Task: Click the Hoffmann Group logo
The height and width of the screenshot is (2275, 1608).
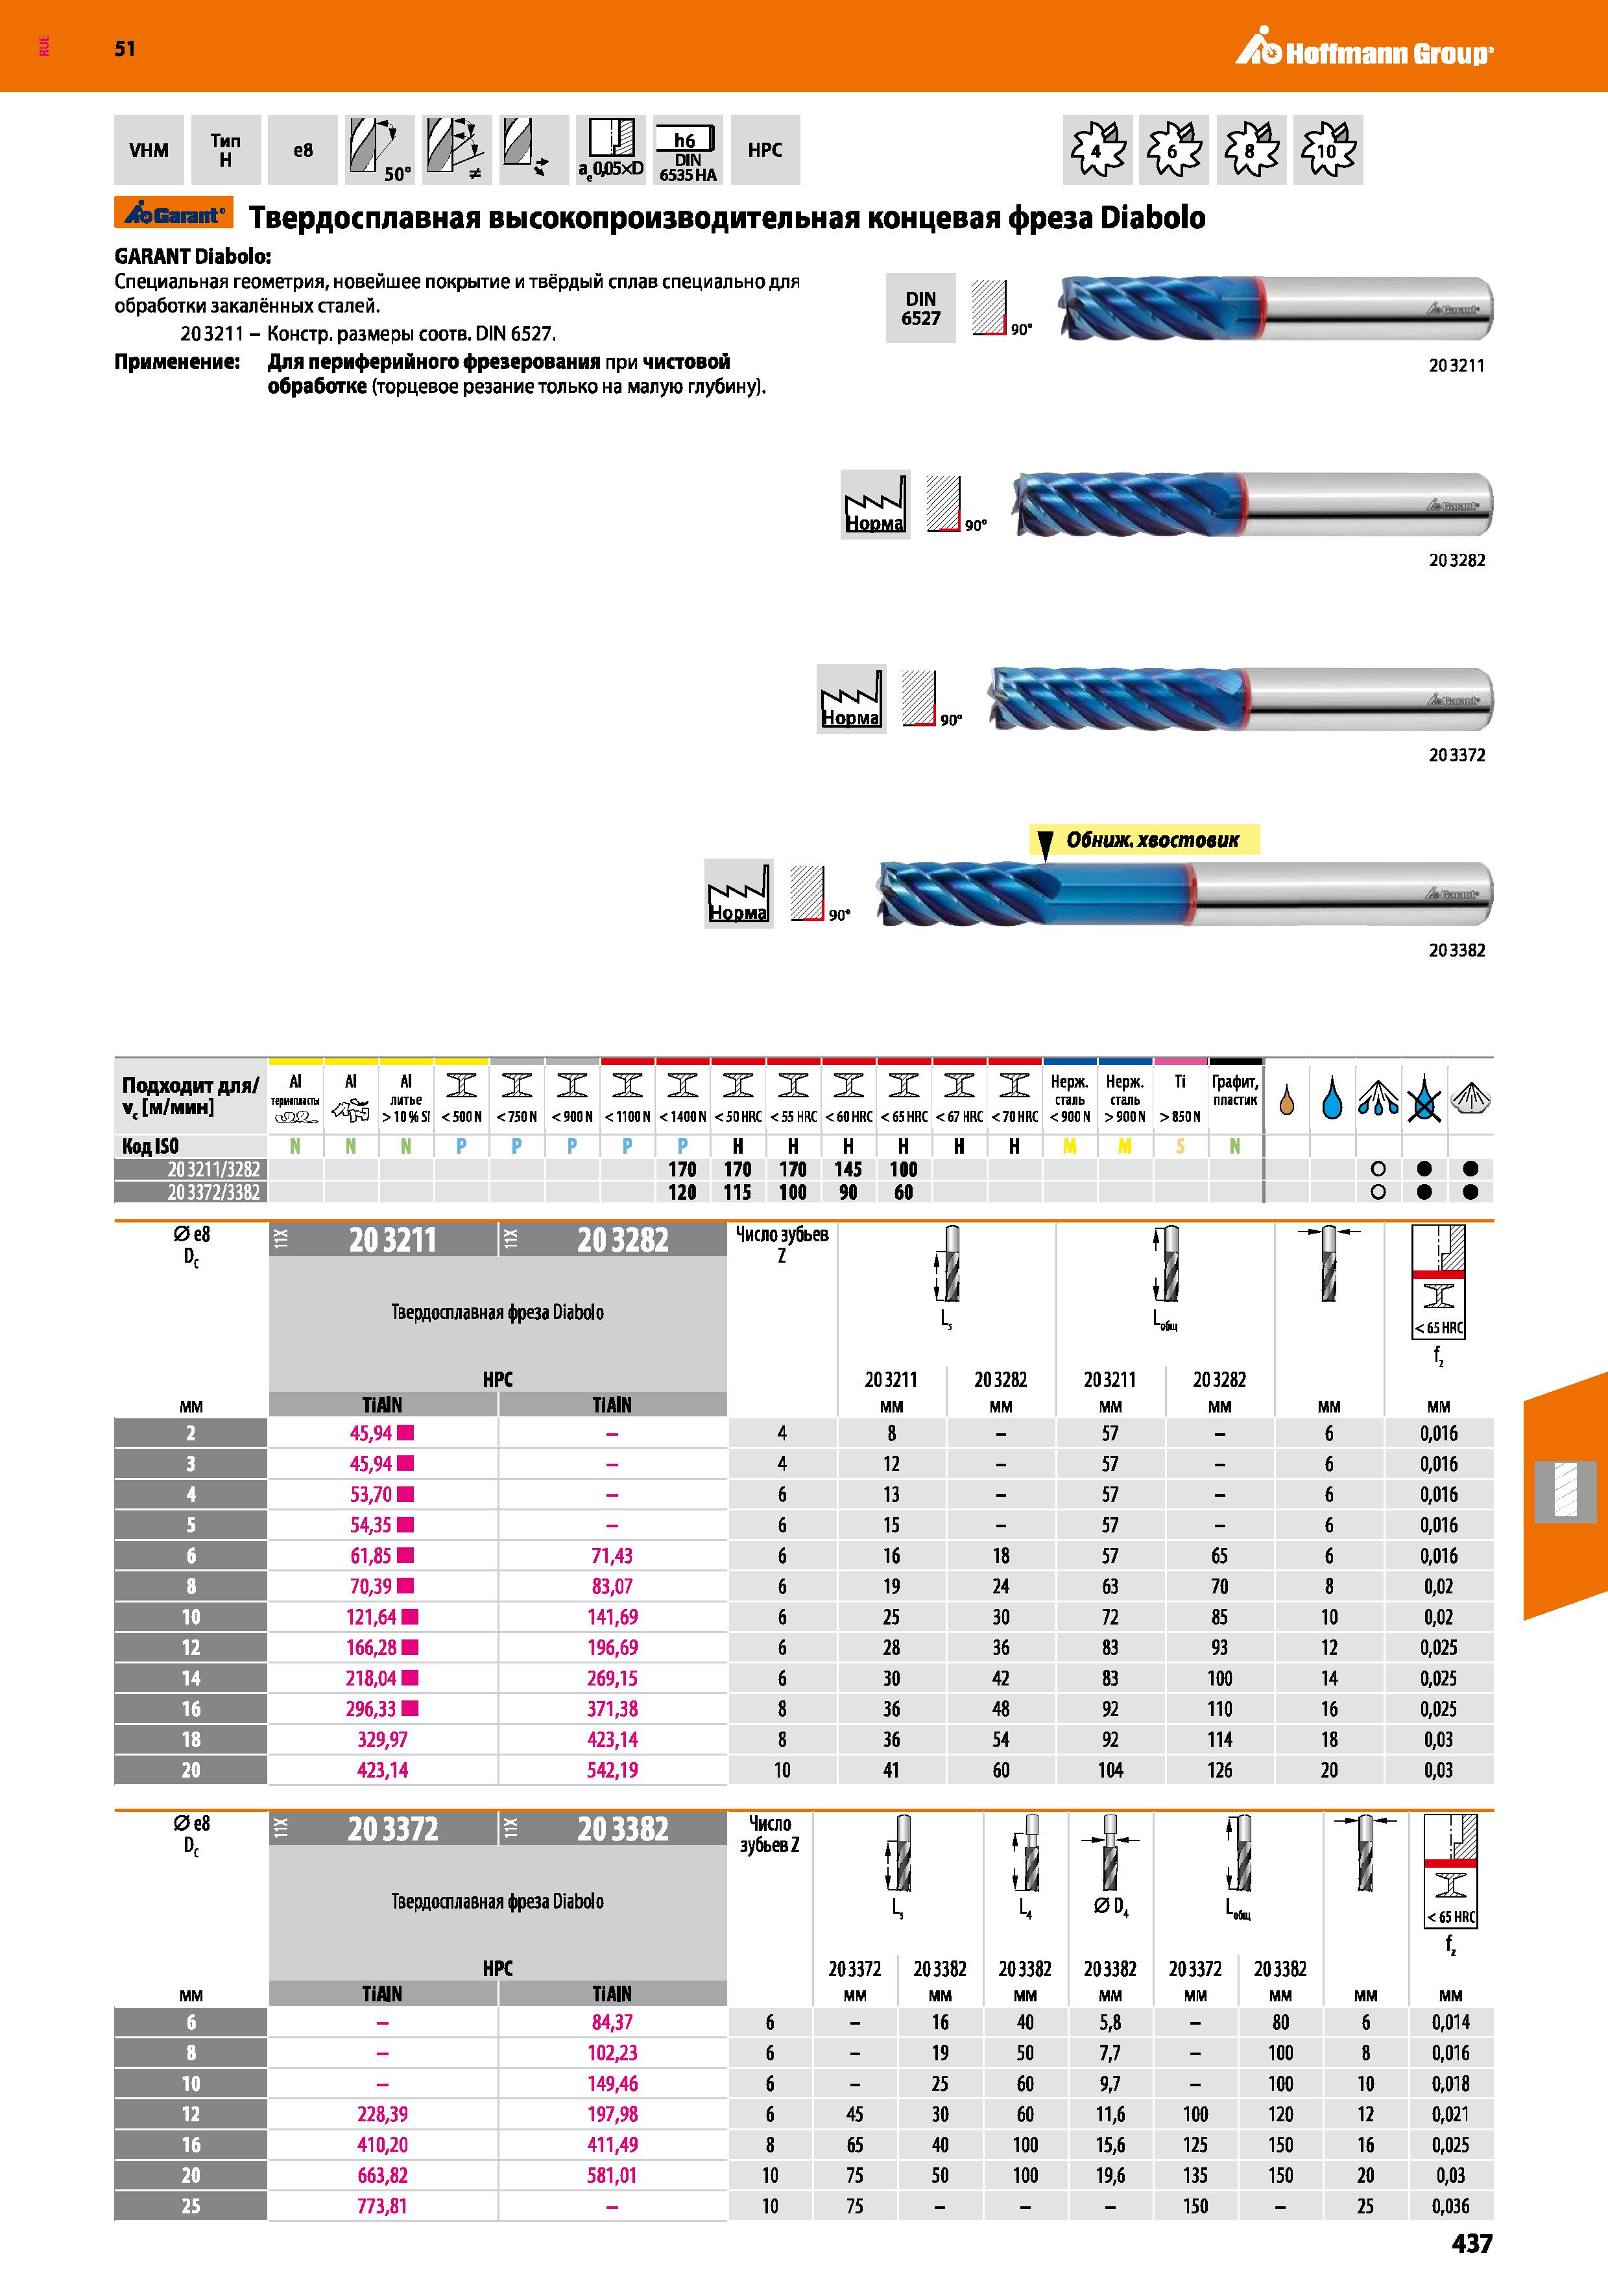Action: (x=1364, y=49)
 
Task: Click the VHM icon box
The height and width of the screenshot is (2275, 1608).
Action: (x=149, y=150)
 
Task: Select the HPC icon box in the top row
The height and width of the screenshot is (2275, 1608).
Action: (x=765, y=150)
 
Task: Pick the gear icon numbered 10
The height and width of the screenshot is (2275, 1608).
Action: (x=1328, y=150)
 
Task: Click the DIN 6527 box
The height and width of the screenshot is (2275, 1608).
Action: (x=920, y=308)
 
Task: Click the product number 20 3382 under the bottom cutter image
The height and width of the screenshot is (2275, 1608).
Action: (x=1456, y=950)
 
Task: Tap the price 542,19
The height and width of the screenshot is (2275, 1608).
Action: (x=612, y=1770)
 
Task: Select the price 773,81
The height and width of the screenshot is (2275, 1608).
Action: (x=383, y=2206)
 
